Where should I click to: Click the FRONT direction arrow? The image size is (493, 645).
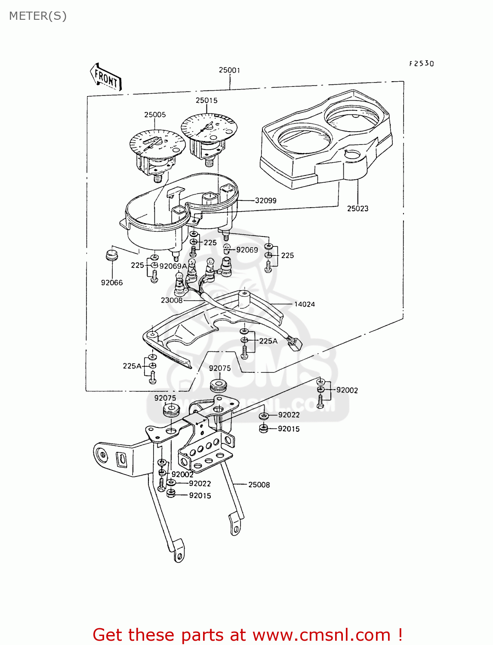pyautogui.click(x=106, y=77)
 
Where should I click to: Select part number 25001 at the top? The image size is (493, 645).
pyautogui.click(x=229, y=70)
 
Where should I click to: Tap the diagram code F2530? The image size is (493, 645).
pyautogui.click(x=421, y=64)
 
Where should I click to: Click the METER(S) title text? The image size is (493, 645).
pyautogui.click(x=38, y=16)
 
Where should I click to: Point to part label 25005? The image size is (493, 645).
pyautogui.click(x=155, y=115)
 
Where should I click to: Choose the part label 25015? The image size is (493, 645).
pyautogui.click(x=206, y=101)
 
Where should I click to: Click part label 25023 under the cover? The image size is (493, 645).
pyautogui.click(x=357, y=209)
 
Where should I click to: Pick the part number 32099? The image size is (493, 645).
pyautogui.click(x=265, y=200)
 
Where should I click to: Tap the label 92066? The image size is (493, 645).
pyautogui.click(x=112, y=283)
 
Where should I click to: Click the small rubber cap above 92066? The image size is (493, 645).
pyautogui.click(x=112, y=255)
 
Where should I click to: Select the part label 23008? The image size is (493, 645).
pyautogui.click(x=172, y=300)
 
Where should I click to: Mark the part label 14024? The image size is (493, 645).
pyautogui.click(x=304, y=304)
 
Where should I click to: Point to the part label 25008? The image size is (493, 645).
pyautogui.click(x=259, y=485)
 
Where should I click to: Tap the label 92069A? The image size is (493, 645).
pyautogui.click(x=173, y=266)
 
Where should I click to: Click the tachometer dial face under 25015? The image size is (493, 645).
pyautogui.click(x=209, y=126)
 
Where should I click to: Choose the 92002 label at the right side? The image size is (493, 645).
pyautogui.click(x=347, y=390)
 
